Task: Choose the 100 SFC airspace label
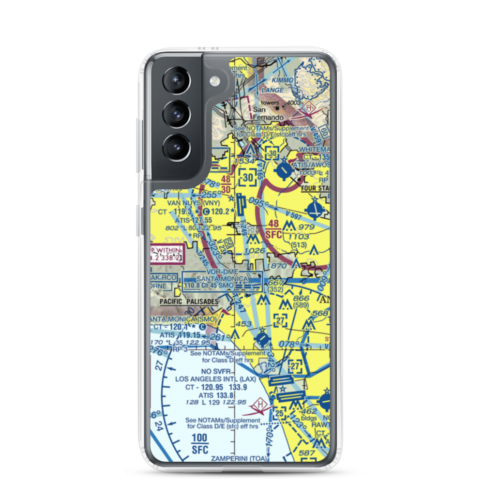[x=199, y=443]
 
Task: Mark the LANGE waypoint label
[x=273, y=91]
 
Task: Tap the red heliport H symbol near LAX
[x=261, y=403]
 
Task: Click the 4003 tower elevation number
[x=307, y=103]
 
